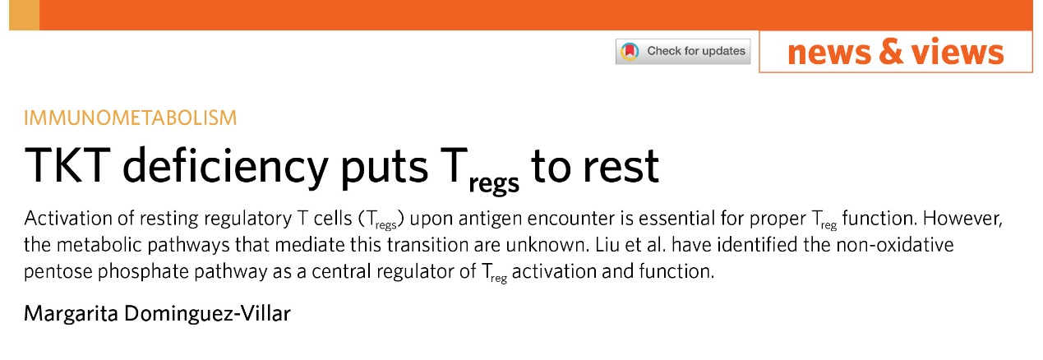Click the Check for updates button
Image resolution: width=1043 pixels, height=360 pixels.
pyautogui.click(x=683, y=51)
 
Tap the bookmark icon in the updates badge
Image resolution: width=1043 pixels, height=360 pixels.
pyautogui.click(x=630, y=51)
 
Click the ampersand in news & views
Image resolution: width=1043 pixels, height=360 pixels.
pyautogui.click(x=891, y=51)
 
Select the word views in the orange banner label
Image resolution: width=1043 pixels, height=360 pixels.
pyautogui.click(x=958, y=51)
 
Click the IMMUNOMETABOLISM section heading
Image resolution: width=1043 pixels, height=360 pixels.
pyautogui.click(x=131, y=118)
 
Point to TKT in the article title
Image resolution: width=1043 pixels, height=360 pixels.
pyautogui.click(x=67, y=165)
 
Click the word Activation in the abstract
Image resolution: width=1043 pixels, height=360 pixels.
pyautogui.click(x=67, y=219)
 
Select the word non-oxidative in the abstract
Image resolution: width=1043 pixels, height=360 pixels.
pyautogui.click(x=895, y=245)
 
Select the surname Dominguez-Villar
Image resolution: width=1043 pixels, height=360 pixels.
pyautogui.click(x=207, y=314)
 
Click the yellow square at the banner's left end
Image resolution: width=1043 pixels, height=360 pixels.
pyautogui.click(x=24, y=16)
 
